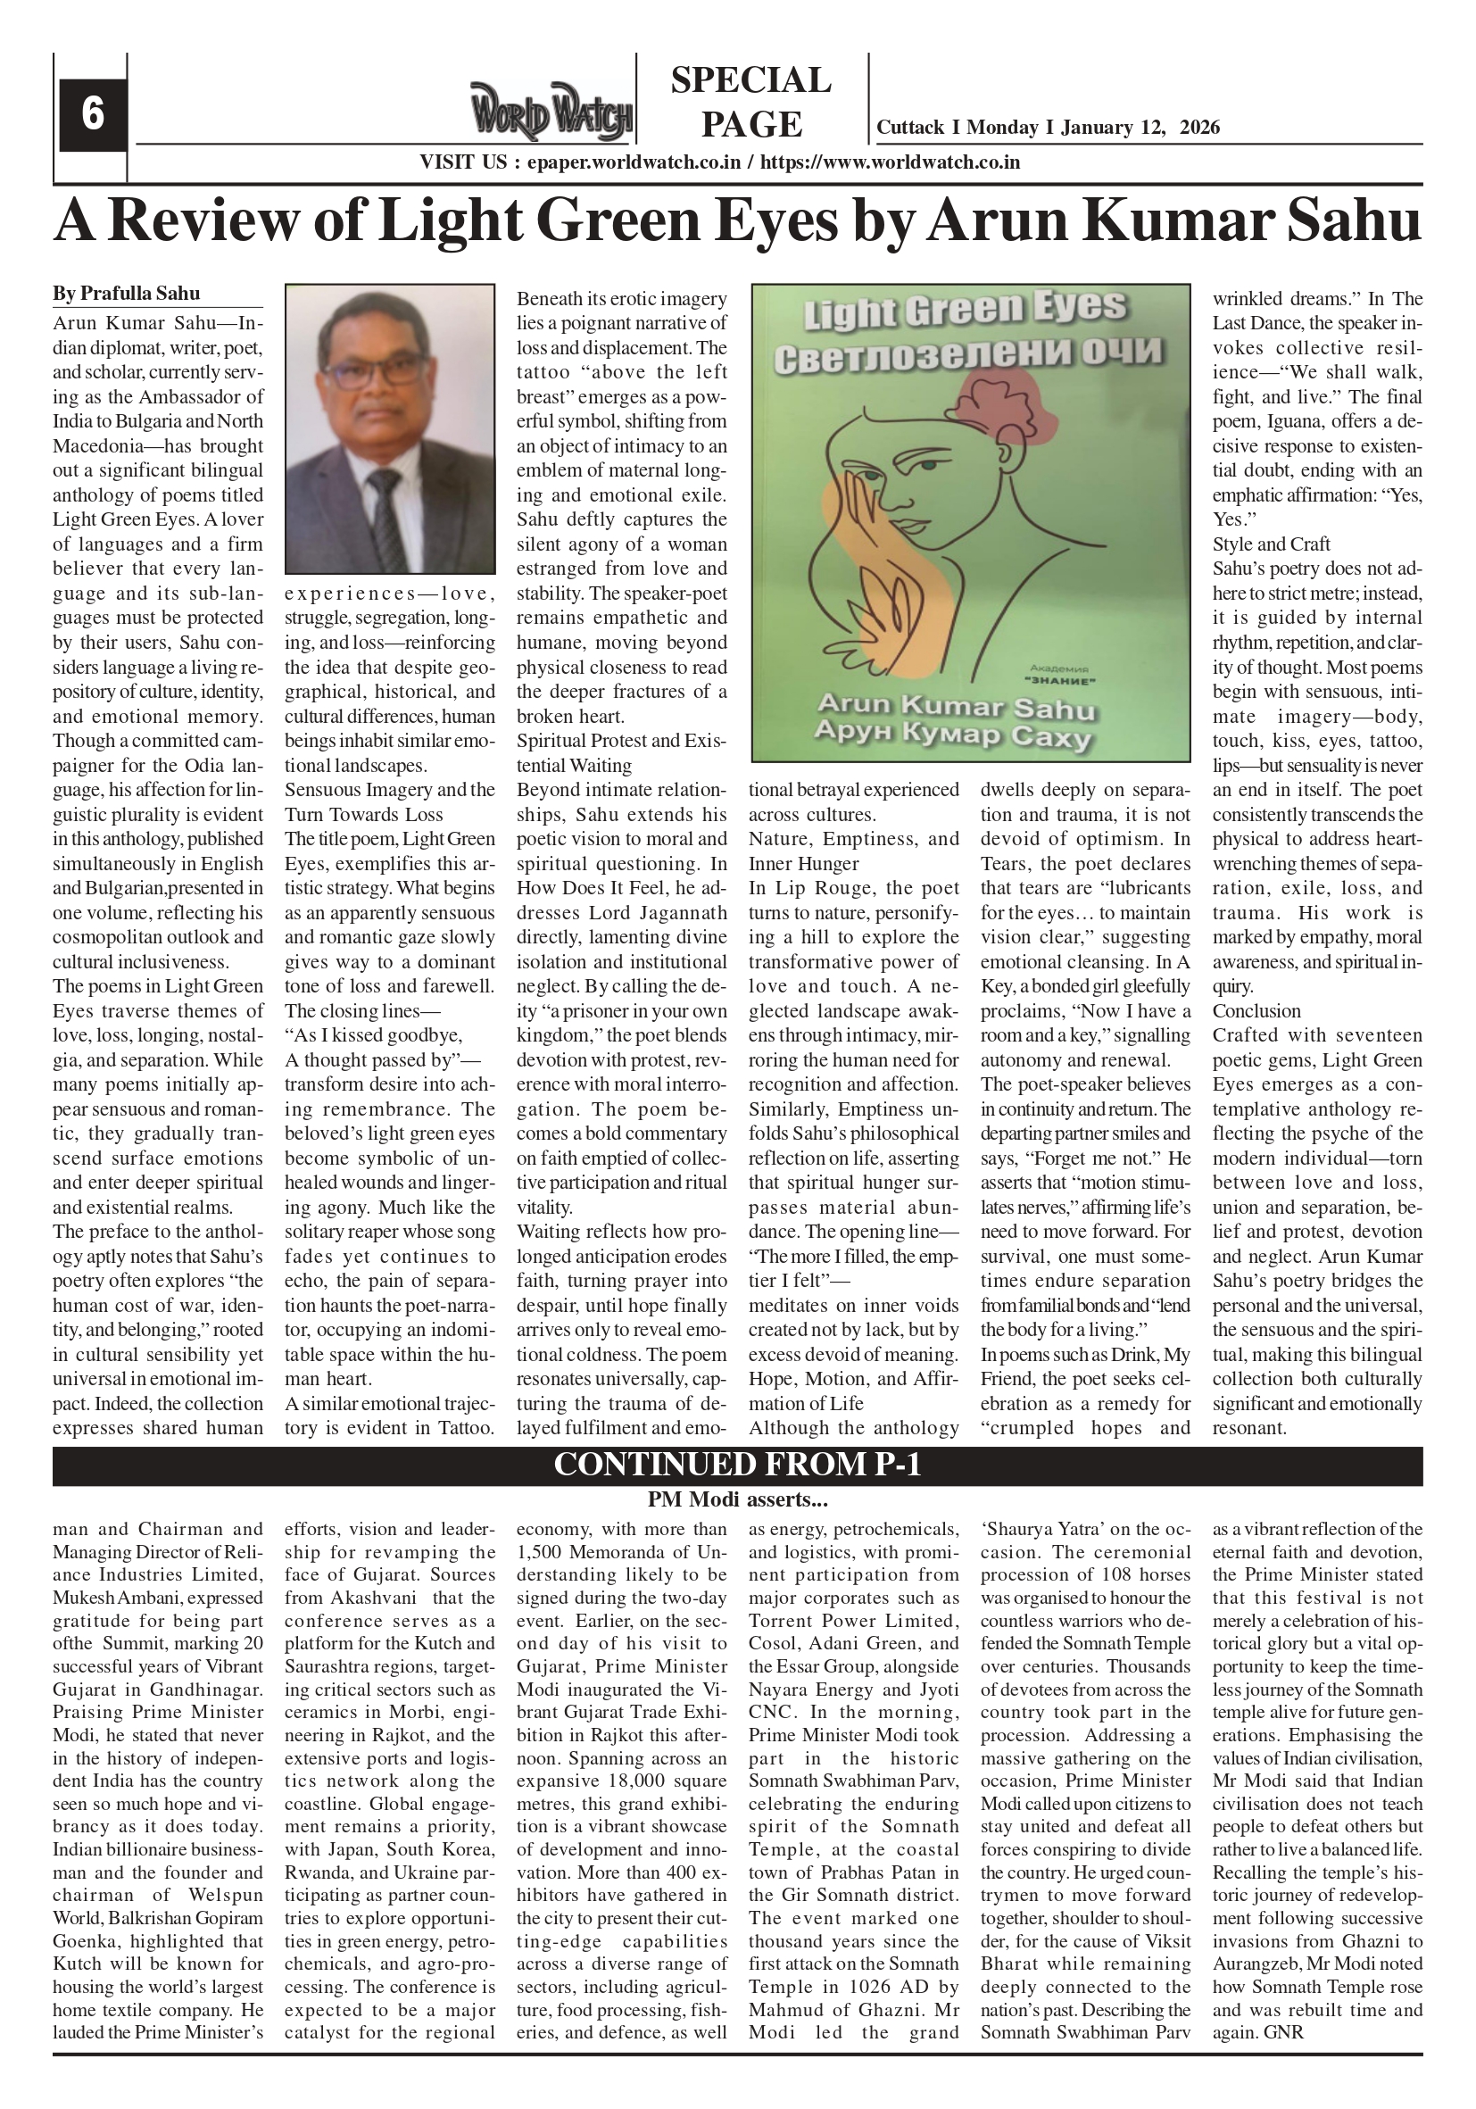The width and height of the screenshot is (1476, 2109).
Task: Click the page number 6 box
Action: [92, 115]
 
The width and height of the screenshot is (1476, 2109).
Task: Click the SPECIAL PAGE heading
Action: [750, 102]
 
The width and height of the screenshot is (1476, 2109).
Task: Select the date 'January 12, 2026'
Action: [1140, 127]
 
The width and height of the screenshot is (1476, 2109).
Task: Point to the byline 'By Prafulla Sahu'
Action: [126, 293]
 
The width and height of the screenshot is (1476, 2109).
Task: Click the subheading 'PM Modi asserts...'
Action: [736, 1500]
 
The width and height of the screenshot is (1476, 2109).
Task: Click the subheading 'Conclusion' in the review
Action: [1256, 1010]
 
